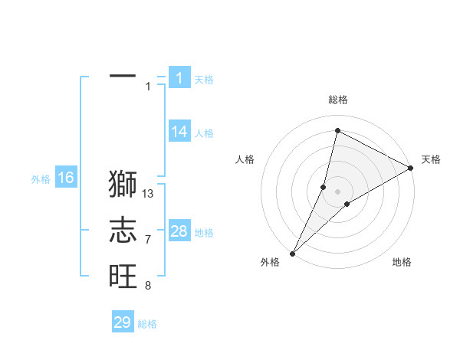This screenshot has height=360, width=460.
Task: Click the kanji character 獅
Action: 123,185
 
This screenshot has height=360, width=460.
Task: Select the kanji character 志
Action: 123,230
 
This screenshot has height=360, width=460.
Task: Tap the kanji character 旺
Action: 123,274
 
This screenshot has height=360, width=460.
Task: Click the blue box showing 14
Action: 179,132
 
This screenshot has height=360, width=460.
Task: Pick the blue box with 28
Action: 179,231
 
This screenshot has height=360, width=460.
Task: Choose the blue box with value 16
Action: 66,178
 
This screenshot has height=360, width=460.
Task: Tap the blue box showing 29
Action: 123,322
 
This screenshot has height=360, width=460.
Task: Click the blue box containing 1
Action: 179,78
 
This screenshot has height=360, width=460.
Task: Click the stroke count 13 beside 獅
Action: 149,194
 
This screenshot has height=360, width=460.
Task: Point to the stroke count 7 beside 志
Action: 148,240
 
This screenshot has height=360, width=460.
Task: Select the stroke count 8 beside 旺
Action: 148,286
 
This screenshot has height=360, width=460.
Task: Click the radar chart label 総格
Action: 337,100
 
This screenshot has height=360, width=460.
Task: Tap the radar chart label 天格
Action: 431,159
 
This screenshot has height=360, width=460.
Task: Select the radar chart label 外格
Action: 270,262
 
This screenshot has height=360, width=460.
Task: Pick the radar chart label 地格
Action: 402,262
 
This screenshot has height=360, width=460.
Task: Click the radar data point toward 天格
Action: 411,168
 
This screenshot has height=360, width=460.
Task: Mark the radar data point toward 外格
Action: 292,253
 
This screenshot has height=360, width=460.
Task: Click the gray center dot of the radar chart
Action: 337,191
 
